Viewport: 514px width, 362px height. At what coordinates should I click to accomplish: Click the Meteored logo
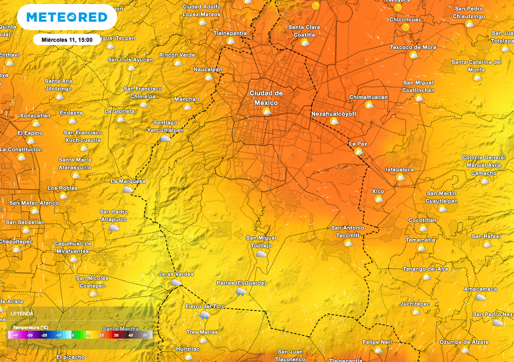tap(67, 17)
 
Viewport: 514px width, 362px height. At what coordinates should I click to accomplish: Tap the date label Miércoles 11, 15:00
tap(67, 40)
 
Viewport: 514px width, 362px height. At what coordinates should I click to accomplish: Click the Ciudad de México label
tap(266, 98)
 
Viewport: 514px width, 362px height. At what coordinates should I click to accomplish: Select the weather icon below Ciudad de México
tap(267, 111)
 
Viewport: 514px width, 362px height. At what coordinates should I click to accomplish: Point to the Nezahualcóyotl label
tap(333, 114)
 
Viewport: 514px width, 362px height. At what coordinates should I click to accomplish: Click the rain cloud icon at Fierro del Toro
tap(205, 315)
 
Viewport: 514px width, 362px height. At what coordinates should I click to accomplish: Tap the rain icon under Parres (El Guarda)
tap(241, 292)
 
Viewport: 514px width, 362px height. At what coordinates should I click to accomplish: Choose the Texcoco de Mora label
tap(413, 47)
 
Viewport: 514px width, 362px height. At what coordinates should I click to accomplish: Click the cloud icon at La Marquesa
tap(128, 190)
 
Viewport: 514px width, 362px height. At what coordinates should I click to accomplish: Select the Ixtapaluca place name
tap(400, 169)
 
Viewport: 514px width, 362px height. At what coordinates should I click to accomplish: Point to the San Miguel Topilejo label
tap(261, 241)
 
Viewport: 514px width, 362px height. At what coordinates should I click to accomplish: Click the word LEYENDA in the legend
tap(22, 313)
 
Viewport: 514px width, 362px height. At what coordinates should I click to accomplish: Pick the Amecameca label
tap(480, 289)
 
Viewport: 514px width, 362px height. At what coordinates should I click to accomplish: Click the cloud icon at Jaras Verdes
tap(176, 283)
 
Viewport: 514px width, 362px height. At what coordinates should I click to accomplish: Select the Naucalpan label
tap(208, 69)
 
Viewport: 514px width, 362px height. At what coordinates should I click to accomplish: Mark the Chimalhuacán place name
tap(368, 97)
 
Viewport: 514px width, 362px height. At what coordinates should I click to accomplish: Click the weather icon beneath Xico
tap(378, 199)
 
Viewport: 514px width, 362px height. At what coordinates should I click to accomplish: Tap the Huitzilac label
tap(188, 348)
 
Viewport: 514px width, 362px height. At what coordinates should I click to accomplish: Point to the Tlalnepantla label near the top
tap(230, 33)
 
